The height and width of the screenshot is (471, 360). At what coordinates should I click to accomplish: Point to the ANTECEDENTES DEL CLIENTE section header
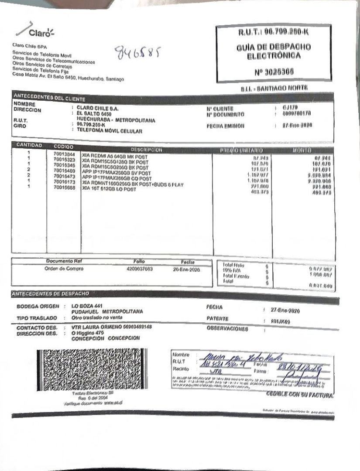[x=49, y=97]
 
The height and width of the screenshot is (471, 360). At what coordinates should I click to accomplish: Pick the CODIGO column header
[x=64, y=147]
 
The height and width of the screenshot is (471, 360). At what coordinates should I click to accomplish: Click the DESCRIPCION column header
[x=146, y=149]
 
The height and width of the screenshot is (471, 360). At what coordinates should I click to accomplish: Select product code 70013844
[x=64, y=154]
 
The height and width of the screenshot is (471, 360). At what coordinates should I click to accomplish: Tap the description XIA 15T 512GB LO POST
[x=109, y=189]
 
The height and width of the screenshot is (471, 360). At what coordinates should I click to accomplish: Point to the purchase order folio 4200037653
[x=137, y=269]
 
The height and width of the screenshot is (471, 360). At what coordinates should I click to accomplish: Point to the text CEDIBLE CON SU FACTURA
[x=300, y=395]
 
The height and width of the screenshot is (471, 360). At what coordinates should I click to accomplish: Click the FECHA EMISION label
[x=225, y=126]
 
